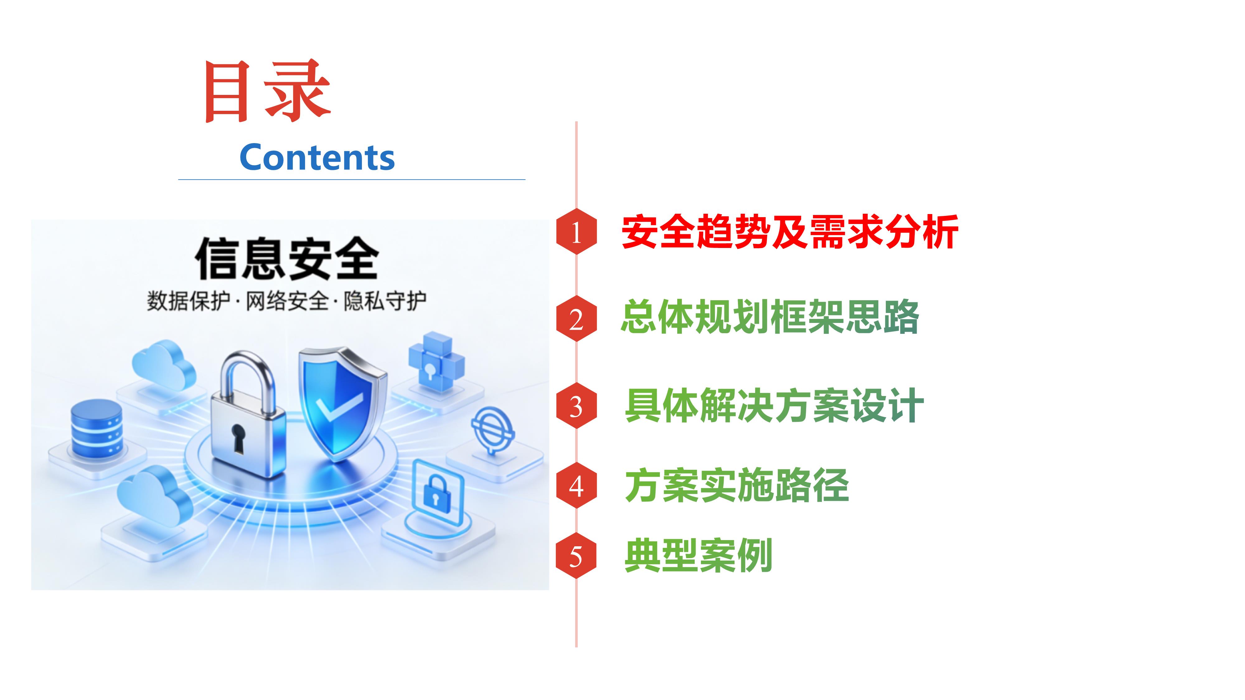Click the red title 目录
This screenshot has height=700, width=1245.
pyautogui.click(x=267, y=91)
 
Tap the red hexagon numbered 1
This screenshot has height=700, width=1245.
pyautogui.click(x=576, y=232)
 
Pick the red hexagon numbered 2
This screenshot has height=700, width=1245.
pyautogui.click(x=576, y=319)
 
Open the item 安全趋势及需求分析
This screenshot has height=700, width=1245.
pyautogui.click(x=790, y=232)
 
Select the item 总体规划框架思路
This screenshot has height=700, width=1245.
pyautogui.click(x=770, y=317)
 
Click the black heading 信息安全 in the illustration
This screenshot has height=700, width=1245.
pyautogui.click(x=287, y=259)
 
